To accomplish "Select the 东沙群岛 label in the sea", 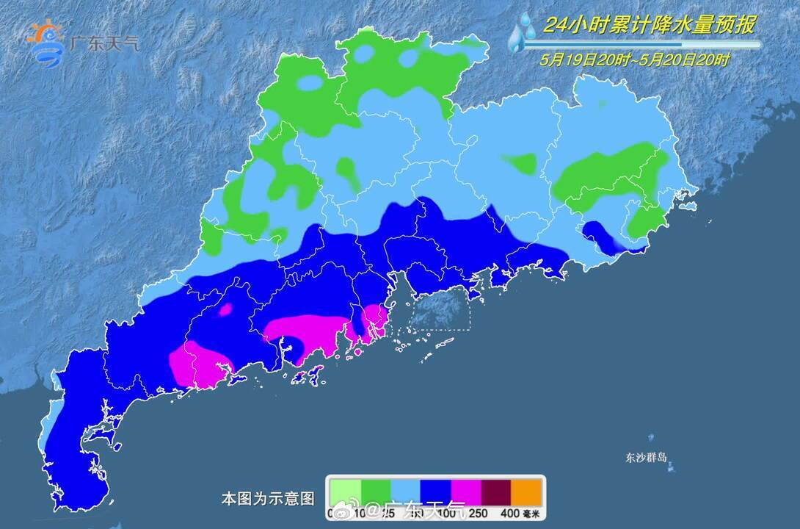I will (647, 457).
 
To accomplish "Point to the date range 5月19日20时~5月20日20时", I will (636, 60).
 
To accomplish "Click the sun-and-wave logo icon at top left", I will (46, 43).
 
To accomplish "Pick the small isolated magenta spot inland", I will (225, 309).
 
